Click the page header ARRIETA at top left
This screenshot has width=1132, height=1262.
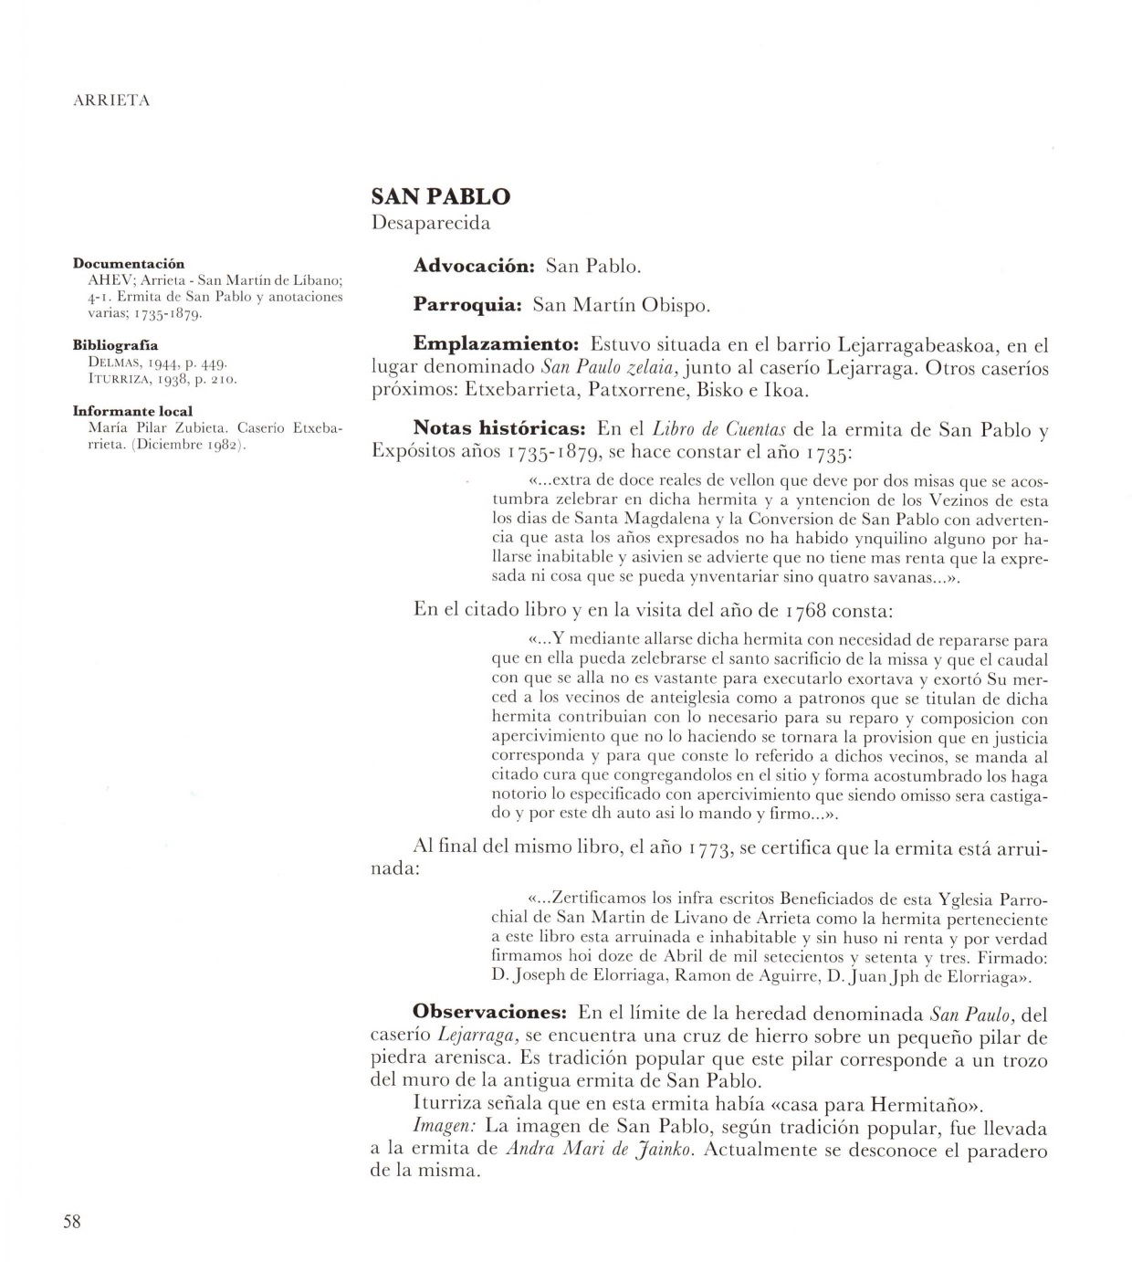click(110, 101)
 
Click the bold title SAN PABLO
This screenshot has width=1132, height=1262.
click(440, 196)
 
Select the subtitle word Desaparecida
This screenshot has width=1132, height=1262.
click(431, 223)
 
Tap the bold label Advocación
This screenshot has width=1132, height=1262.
click(474, 266)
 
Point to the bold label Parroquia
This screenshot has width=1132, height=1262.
click(466, 305)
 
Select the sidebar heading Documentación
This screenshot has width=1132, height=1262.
click(129, 264)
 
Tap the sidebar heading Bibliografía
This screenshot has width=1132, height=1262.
click(115, 346)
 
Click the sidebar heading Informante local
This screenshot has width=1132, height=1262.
click(132, 411)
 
